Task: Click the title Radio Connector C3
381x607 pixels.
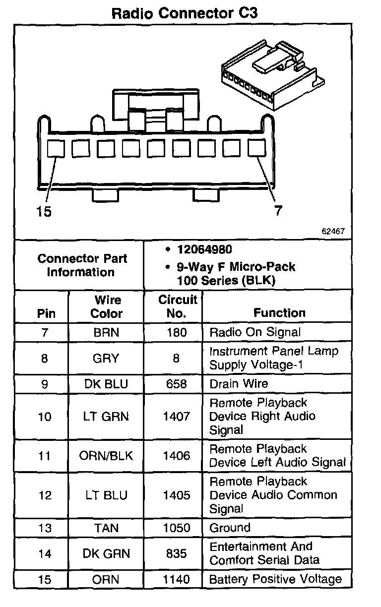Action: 185,13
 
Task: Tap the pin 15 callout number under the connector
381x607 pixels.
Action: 44,212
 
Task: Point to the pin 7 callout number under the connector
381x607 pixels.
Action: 278,211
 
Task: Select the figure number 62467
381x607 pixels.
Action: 333,231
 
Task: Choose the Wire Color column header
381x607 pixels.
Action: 107,306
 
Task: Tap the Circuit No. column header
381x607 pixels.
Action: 177,306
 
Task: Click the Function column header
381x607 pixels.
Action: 279,313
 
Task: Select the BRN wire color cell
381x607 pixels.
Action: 107,332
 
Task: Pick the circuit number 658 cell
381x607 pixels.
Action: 177,384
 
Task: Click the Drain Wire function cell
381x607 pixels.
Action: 239,384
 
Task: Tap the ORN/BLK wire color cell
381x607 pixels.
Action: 106,455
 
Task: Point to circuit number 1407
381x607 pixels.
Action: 177,416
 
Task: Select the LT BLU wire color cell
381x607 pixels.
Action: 106,495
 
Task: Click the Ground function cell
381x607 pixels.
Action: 230,528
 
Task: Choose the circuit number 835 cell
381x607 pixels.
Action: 177,553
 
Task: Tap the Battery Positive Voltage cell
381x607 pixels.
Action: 275,579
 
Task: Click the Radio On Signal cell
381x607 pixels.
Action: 255,332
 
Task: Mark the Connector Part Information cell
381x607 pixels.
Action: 82,265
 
